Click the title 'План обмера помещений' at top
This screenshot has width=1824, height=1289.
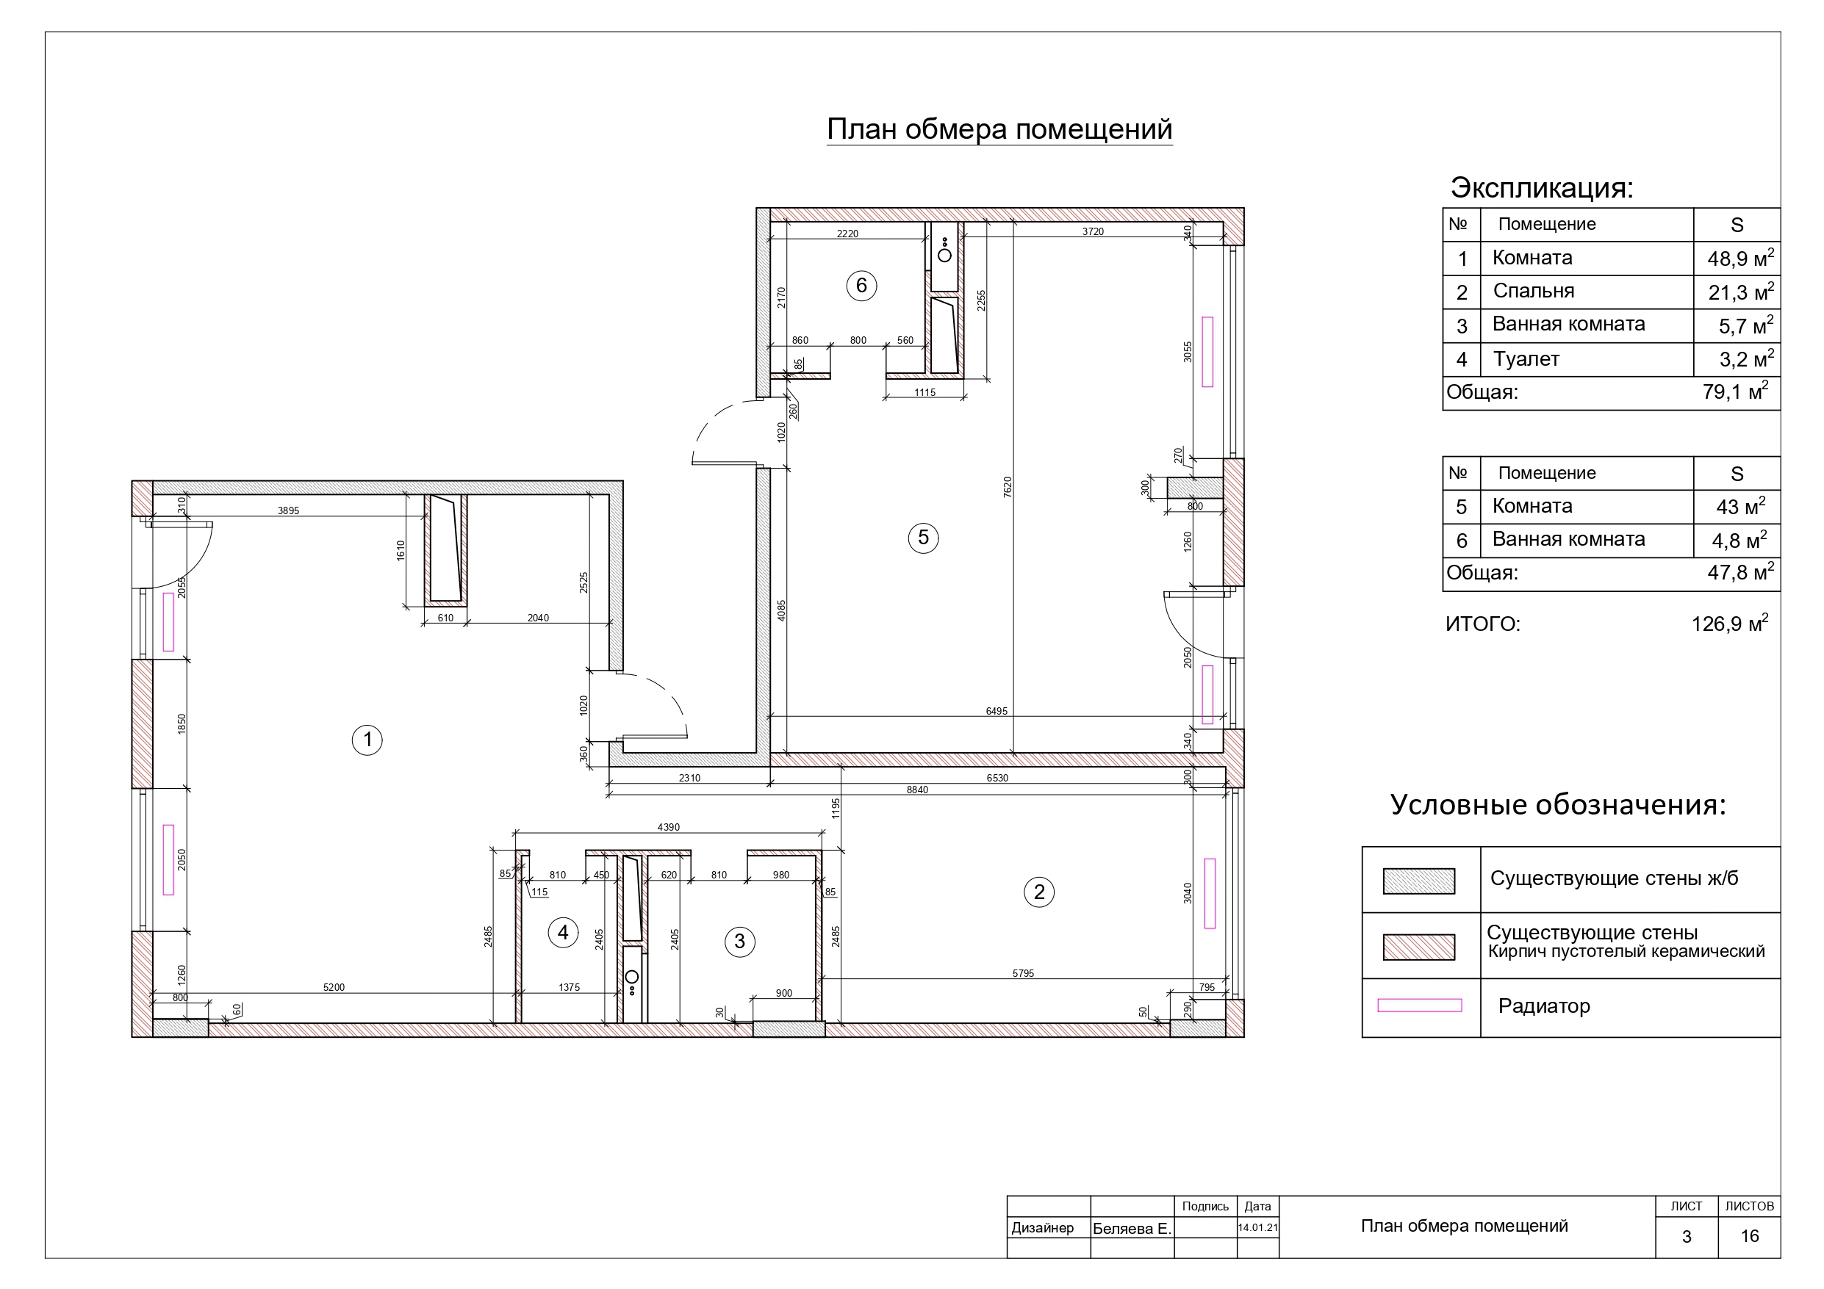tap(999, 129)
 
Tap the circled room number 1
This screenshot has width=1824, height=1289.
tap(367, 740)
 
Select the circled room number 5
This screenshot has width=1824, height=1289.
tap(923, 538)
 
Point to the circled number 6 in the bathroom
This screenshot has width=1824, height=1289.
tap(861, 285)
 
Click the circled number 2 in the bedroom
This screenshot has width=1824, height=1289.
tap(1039, 892)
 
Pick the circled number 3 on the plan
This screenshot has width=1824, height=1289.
tap(739, 942)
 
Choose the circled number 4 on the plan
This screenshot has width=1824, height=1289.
tap(563, 932)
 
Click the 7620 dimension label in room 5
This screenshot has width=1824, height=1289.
tap(1008, 487)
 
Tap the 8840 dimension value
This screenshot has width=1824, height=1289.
tap(916, 790)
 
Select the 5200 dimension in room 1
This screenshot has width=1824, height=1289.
tap(334, 988)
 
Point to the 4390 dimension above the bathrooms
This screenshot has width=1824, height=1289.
tap(668, 827)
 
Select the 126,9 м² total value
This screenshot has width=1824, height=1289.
tap(1729, 623)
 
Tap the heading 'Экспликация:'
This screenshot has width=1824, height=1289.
tap(1542, 187)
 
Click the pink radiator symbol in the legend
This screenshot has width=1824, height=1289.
tap(1419, 1005)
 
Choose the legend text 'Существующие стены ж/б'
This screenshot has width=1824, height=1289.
tap(1614, 878)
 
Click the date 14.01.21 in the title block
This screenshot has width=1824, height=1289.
tap(1257, 1228)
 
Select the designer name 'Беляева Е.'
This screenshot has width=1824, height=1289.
tap(1132, 1229)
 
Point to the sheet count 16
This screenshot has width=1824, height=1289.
tap(1749, 1237)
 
